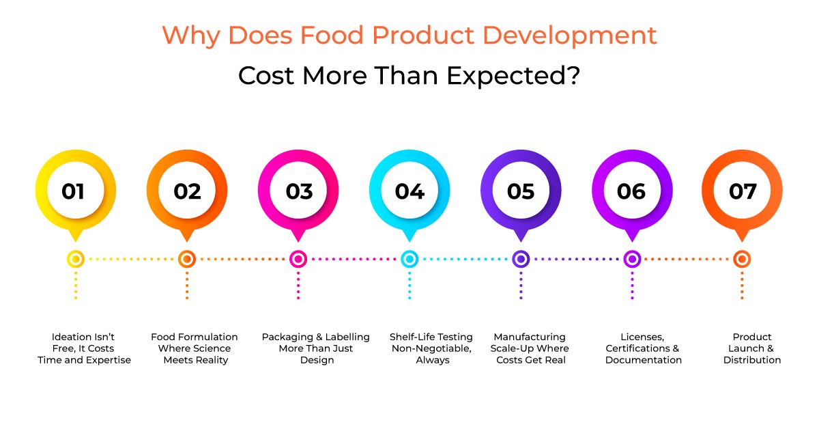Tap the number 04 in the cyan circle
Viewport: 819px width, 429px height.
pos(409,192)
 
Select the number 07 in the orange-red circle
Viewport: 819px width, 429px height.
pos(743,192)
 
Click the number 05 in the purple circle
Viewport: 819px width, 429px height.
pos(521,192)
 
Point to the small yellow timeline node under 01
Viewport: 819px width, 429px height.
pos(76,259)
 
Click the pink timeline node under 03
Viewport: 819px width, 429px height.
pos(298,259)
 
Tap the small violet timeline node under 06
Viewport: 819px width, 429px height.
pos(632,259)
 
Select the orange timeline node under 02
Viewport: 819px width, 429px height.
pos(187,259)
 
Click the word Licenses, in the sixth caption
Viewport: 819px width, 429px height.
pos(644,337)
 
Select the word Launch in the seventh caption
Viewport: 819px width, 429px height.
pos(742,348)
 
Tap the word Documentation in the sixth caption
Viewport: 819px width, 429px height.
pos(644,360)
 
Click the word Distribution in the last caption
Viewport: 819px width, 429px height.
pos(752,360)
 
